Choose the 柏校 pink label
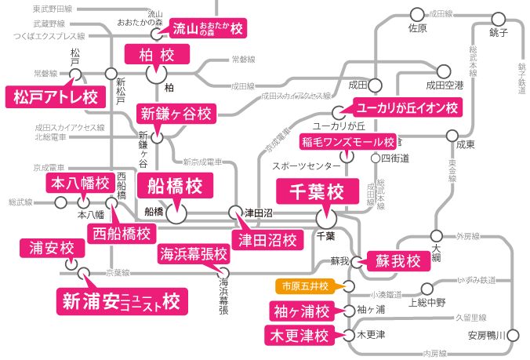[x=158, y=54]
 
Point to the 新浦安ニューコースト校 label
[x=121, y=300]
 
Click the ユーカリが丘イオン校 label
[x=407, y=107]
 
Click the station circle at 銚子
[x=497, y=16]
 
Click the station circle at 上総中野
[x=427, y=288]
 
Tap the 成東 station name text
[x=466, y=145]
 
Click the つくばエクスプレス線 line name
[x=49, y=36]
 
